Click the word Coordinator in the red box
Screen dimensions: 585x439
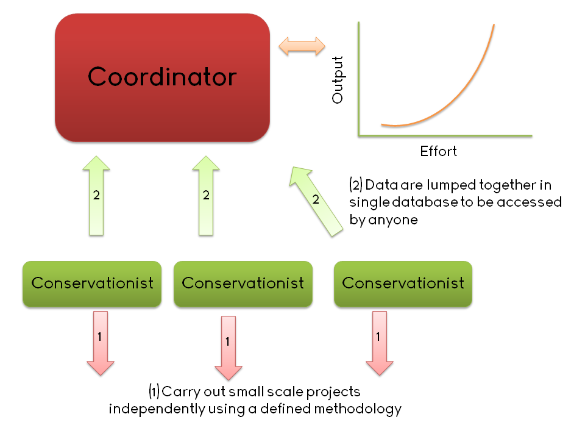point(162,77)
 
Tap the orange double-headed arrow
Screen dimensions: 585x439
point(302,46)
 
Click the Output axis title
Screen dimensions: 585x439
point(337,80)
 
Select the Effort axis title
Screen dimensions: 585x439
point(438,151)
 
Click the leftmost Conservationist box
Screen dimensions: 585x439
point(92,284)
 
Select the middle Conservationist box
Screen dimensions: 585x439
point(243,284)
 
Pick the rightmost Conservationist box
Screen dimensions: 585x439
point(403,284)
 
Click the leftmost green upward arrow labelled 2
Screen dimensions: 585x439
point(96,196)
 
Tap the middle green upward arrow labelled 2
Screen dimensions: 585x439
point(206,196)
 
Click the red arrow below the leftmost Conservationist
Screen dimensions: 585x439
point(101,343)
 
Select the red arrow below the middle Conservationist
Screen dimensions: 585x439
point(229,348)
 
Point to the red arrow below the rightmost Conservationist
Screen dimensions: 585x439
point(380,343)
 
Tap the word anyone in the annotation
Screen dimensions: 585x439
point(393,220)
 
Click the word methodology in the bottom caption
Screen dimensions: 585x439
point(358,409)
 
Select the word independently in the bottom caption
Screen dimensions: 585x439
point(157,409)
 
